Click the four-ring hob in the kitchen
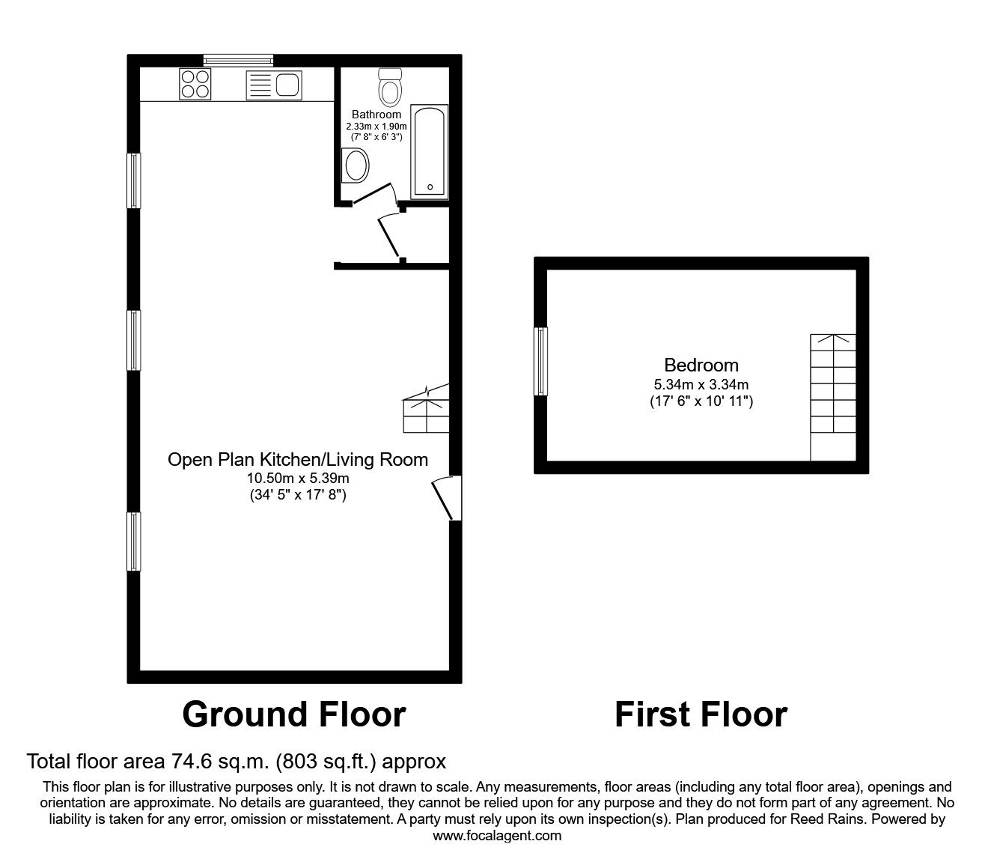click(195, 84)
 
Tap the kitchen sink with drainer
click(273, 85)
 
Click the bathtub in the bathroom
click(430, 152)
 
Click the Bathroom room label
click(376, 115)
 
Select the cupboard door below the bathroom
click(391, 235)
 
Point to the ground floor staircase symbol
click(427, 409)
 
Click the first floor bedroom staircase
click(833, 397)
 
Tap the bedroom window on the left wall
click(540, 361)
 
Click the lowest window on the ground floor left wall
click(134, 541)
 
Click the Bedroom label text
click(701, 365)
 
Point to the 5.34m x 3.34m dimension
click(701, 385)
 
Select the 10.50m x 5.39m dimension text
click(297, 478)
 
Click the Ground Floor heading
click(294, 714)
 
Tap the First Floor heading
click(701, 714)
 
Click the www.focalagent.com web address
click(497, 836)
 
